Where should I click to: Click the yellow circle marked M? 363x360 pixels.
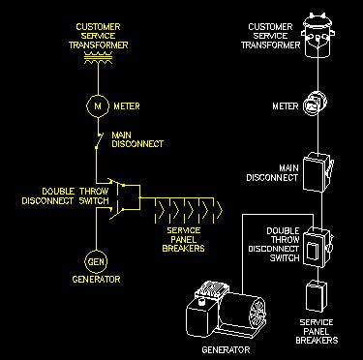(x=98, y=106)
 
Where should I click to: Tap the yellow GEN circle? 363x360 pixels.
(x=96, y=261)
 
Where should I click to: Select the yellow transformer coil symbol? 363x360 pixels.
(x=98, y=57)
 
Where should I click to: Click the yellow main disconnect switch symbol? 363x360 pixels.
(x=99, y=140)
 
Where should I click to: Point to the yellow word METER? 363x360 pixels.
(x=127, y=106)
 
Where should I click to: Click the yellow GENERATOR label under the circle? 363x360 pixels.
(x=96, y=280)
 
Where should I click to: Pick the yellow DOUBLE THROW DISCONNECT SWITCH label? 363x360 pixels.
(x=65, y=196)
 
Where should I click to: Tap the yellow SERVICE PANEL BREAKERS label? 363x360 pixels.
(x=183, y=239)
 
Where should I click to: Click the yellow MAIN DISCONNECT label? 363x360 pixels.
(x=137, y=139)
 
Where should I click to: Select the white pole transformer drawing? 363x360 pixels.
(x=318, y=36)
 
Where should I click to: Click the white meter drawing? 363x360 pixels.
(x=316, y=104)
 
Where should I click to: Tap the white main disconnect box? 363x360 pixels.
(x=318, y=172)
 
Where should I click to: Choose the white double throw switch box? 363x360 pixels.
(x=318, y=247)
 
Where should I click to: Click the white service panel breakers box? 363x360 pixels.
(x=317, y=296)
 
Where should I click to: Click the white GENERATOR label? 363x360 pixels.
(x=226, y=349)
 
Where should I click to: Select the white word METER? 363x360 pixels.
(x=286, y=106)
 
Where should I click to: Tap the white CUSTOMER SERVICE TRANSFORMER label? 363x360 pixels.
(x=271, y=36)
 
